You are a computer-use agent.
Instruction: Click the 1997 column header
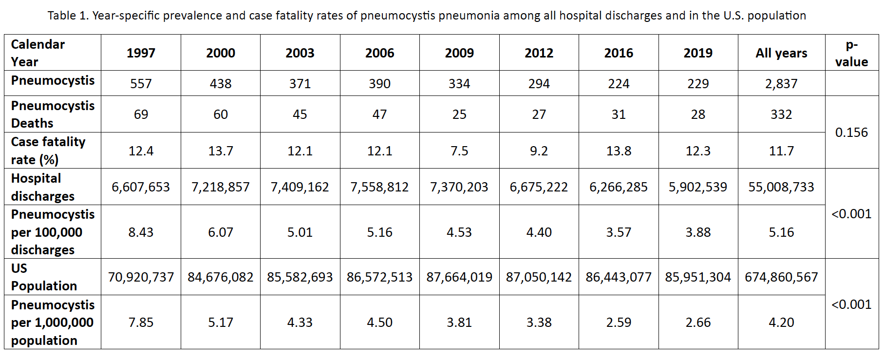[x=141, y=53]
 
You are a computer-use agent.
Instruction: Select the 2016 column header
[x=619, y=53]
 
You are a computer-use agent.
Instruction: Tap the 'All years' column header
[x=781, y=53]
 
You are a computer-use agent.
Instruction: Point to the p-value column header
[x=851, y=53]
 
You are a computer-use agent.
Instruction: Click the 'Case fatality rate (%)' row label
[x=48, y=151]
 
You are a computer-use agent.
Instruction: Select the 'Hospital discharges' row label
[x=43, y=187]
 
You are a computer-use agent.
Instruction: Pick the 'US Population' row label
[x=44, y=277]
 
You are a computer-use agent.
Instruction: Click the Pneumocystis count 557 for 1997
[x=141, y=84]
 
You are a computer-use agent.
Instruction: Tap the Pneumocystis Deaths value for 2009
[x=459, y=114]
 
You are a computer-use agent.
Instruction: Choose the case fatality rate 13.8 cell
[x=619, y=151]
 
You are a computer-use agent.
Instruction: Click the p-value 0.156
[x=851, y=133]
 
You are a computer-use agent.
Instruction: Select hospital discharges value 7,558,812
[x=379, y=187]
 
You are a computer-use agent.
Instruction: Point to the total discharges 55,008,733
[x=781, y=187]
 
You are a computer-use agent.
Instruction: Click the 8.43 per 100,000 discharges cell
[x=141, y=232]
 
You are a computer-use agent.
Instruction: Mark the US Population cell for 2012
[x=539, y=277]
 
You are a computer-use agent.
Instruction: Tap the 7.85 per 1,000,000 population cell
[x=141, y=322]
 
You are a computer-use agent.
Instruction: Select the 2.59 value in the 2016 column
[x=619, y=322]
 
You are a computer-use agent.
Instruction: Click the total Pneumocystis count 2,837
[x=781, y=84]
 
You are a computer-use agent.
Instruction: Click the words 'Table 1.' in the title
[x=68, y=16]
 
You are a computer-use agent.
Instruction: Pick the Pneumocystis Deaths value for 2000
[x=221, y=114]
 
